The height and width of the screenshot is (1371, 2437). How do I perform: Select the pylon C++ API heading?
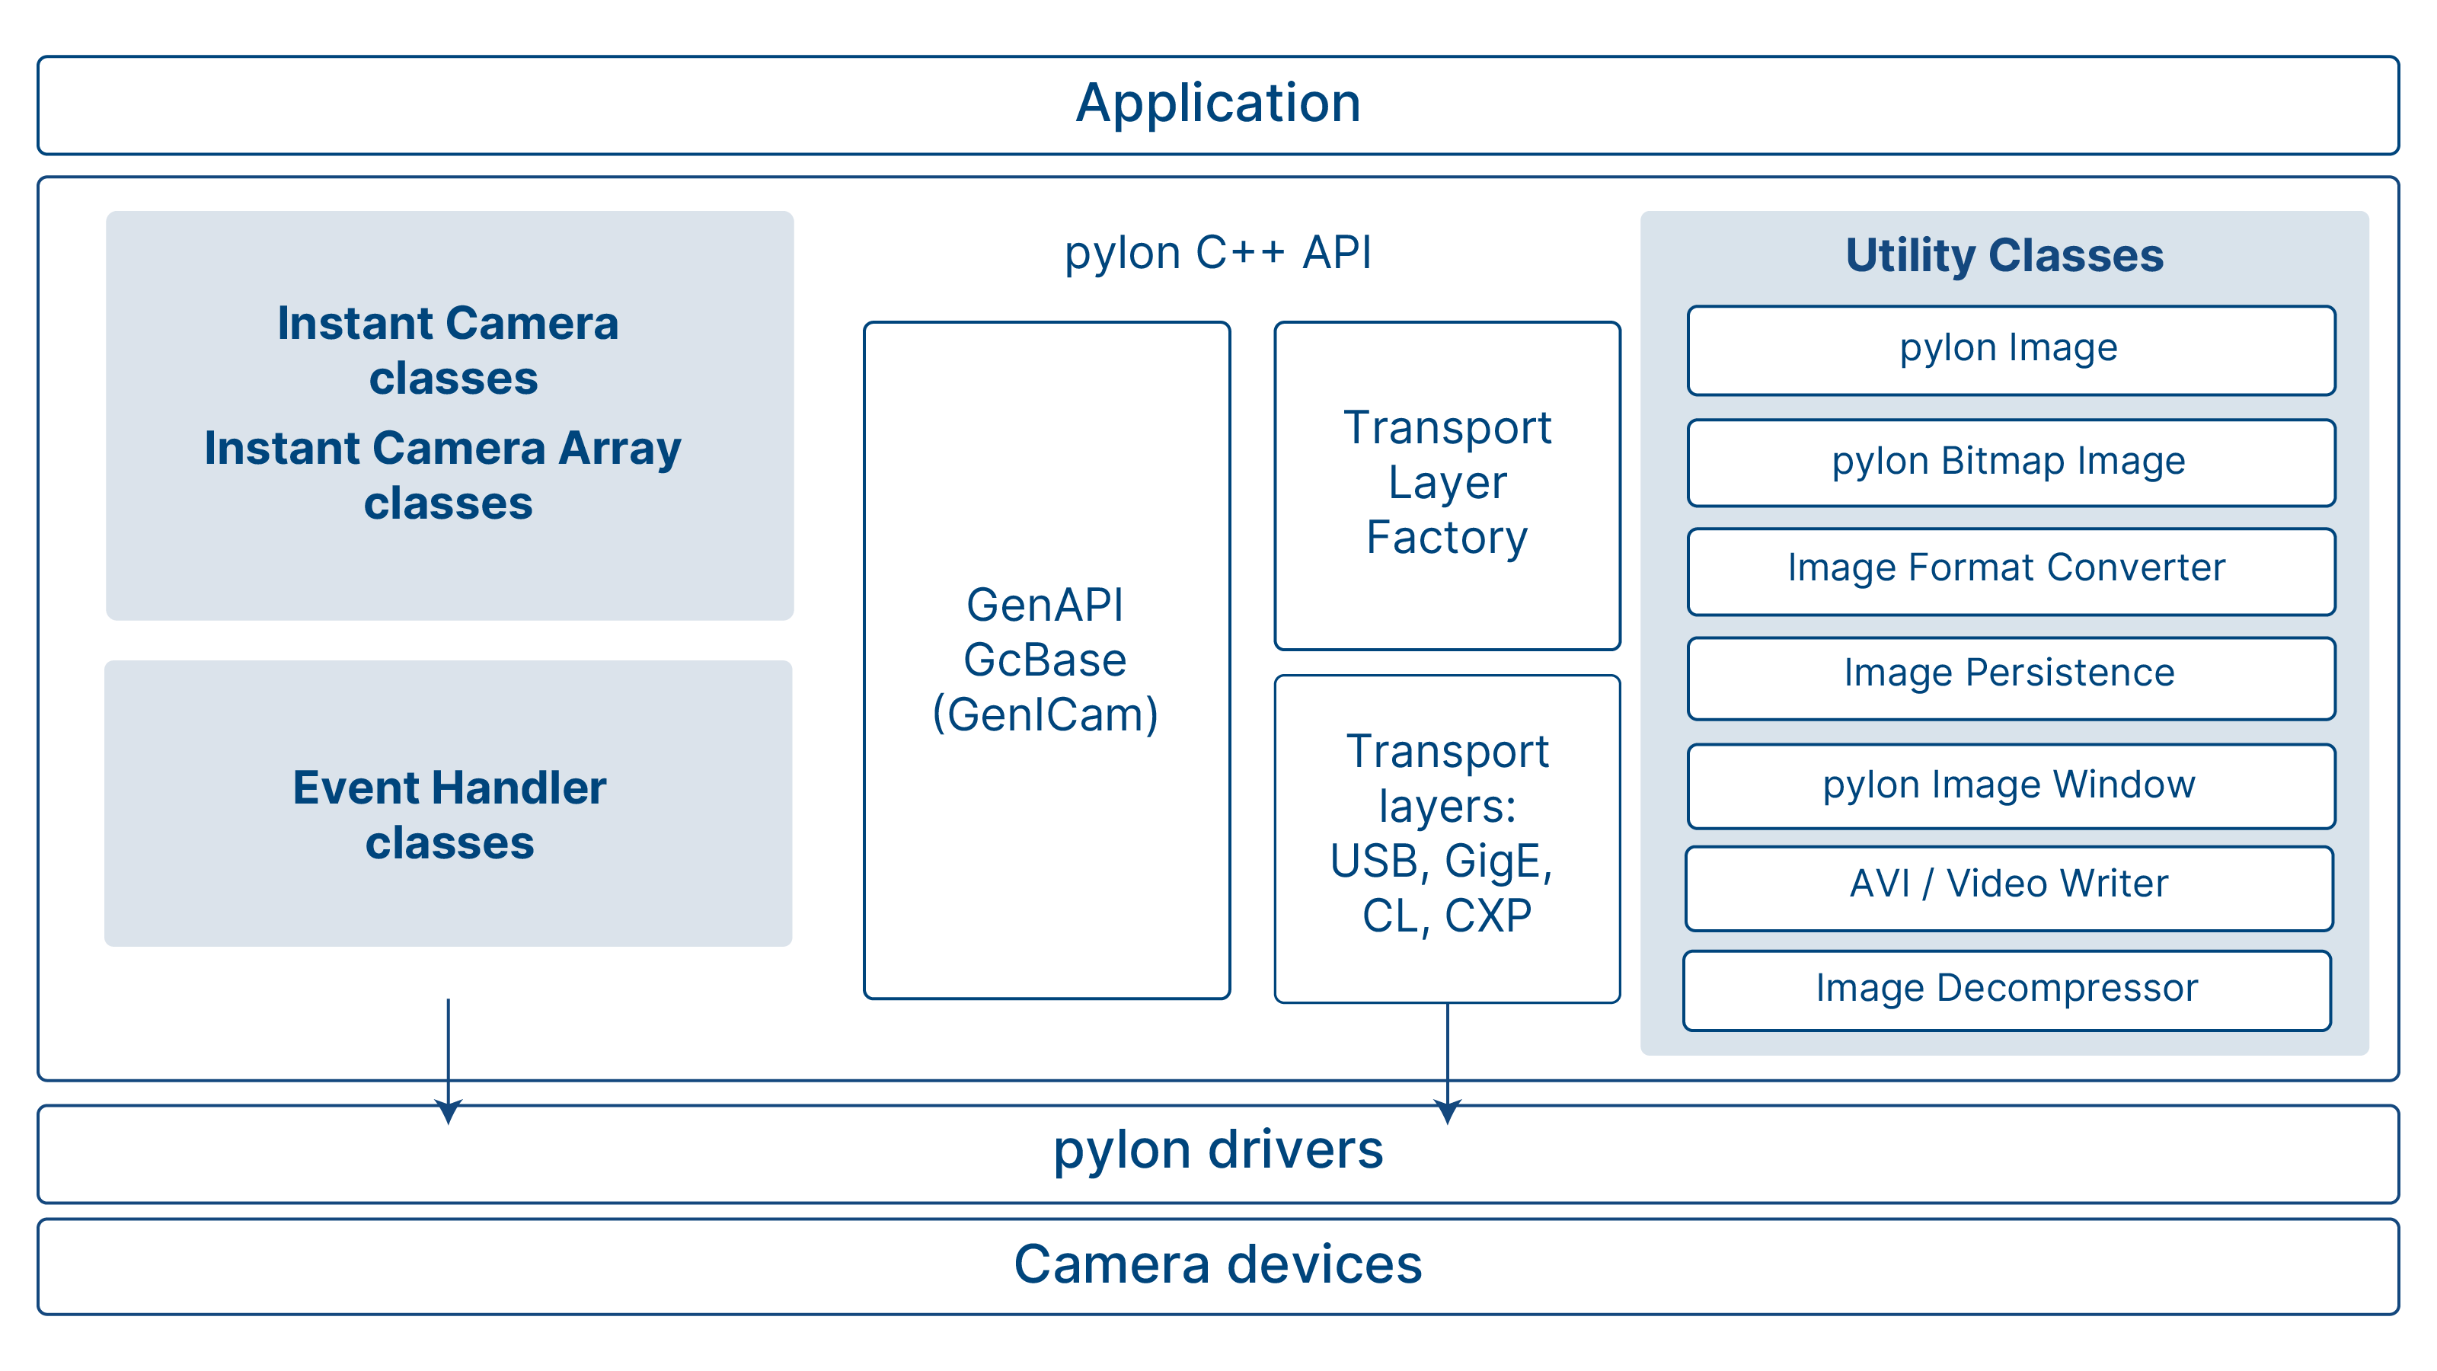[x=1218, y=253]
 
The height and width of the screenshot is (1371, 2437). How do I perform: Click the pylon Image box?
[x=2011, y=350]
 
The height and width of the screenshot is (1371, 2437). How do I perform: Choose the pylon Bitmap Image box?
[x=2011, y=462]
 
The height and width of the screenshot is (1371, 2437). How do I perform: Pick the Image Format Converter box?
[x=2011, y=571]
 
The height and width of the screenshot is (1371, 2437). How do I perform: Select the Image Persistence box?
[x=2011, y=679]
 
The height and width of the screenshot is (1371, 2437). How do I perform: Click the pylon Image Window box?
[x=2011, y=786]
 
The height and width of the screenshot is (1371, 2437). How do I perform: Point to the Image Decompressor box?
[x=2007, y=991]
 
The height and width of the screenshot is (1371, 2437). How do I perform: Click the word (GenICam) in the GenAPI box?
[x=1046, y=715]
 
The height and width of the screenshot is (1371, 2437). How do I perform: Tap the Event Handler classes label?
[x=449, y=815]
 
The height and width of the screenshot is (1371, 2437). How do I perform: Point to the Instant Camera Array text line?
[x=442, y=449]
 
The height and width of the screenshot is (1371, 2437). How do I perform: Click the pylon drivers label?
[x=1218, y=1152]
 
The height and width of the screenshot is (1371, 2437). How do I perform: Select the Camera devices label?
[x=1218, y=1264]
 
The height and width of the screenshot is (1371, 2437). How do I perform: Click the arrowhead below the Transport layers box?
[x=1448, y=1112]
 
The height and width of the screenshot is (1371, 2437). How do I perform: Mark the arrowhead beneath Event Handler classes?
[x=449, y=1112]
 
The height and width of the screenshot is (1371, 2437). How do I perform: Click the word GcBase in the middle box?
[x=1046, y=660]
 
